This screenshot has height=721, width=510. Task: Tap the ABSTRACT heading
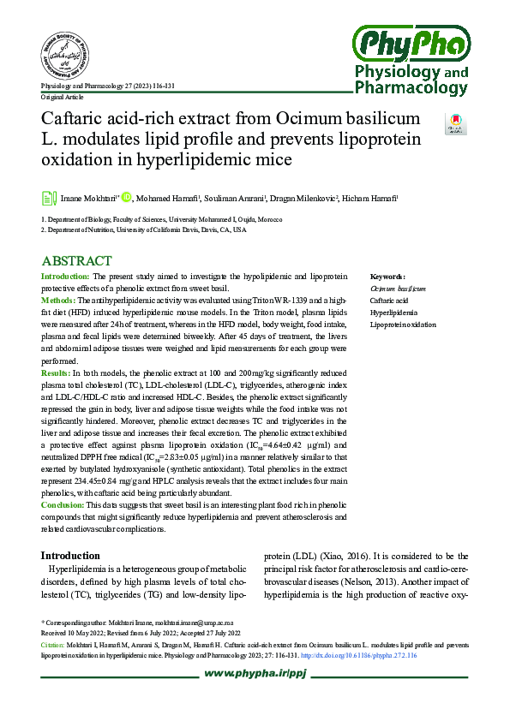76,261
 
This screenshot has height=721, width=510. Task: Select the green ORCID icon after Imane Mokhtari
126,198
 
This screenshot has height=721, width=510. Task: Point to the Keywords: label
387,277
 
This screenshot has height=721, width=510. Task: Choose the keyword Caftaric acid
388,301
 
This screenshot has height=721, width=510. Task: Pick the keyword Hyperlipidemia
392,313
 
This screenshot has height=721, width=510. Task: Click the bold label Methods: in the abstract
59,301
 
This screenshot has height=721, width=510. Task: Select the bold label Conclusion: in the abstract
63,505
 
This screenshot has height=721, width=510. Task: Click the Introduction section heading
76,556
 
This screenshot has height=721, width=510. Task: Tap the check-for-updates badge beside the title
455,123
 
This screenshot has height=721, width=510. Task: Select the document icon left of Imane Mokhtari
49,199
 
